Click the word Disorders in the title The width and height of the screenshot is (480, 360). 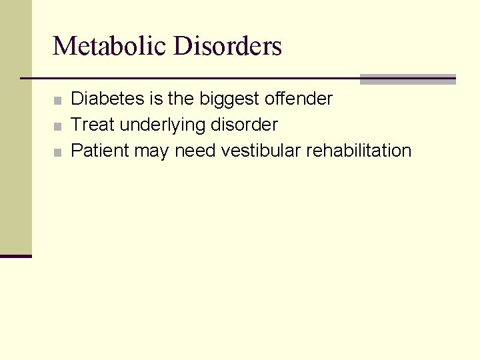227,47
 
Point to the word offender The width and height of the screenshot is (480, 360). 298,99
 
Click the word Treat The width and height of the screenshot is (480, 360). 93,125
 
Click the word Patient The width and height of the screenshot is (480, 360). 100,151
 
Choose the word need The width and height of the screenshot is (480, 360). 195,151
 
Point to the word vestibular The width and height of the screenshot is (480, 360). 261,151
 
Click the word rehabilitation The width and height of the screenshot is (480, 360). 359,151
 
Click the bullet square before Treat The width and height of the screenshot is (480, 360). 59,127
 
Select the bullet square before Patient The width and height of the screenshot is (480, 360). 59,153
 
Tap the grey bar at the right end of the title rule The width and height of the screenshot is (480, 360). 407,79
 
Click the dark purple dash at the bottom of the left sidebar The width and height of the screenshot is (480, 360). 16,255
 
